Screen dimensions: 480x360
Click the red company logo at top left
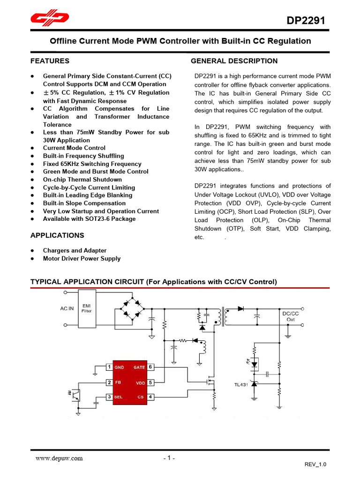[x=50, y=18]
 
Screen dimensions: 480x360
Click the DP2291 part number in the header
[x=306, y=21]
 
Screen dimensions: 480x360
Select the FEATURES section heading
[x=50, y=61]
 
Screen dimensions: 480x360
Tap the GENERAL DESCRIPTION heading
[x=234, y=61]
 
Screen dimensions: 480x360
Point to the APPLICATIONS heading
[x=57, y=235]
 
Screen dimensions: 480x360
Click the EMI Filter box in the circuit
[x=87, y=307]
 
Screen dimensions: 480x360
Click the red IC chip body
[x=130, y=382]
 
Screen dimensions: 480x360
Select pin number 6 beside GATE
[x=150, y=367]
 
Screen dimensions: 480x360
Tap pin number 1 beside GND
[x=109, y=367]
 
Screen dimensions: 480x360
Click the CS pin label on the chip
[x=140, y=397]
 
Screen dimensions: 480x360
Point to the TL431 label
[x=241, y=385]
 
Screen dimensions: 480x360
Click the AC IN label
[x=67, y=308]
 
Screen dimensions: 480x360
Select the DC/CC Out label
[x=291, y=316]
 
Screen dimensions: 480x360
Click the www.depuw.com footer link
[x=59, y=458]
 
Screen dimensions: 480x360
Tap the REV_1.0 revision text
[x=315, y=464]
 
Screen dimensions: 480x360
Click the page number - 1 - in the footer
[x=169, y=458]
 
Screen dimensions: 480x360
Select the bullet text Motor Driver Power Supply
[x=82, y=258]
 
